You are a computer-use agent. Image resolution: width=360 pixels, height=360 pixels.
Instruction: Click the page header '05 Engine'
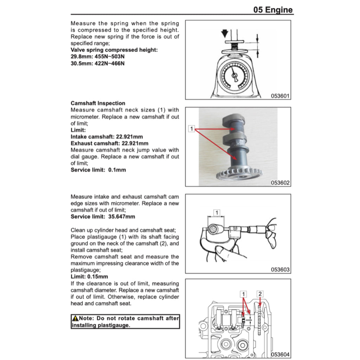(273, 9)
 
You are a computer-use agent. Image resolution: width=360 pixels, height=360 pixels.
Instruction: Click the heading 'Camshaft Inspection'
(98, 103)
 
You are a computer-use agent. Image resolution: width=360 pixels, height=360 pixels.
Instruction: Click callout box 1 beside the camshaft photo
(191, 129)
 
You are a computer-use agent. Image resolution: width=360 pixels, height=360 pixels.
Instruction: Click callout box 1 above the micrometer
(217, 213)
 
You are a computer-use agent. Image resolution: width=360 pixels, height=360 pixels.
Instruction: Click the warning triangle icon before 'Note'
(75, 319)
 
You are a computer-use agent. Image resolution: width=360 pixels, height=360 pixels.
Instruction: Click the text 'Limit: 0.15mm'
(89, 277)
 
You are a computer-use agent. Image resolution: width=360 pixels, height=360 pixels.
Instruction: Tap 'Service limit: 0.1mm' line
(98, 170)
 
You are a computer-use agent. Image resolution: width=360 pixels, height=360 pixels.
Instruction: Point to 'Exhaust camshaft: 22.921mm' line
(109, 143)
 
